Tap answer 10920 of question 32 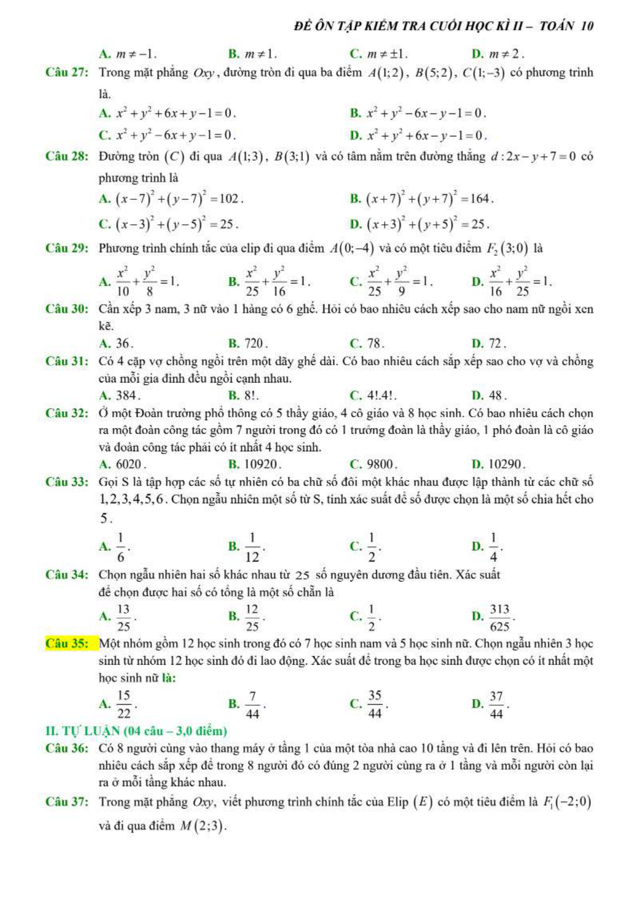pyautogui.click(x=260, y=464)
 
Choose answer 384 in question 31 pyautogui.click(x=127, y=395)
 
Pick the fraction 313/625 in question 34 pyautogui.click(x=500, y=617)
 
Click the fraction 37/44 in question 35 pyautogui.click(x=496, y=704)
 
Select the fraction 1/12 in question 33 pyautogui.click(x=252, y=547)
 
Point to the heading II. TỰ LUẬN pyautogui.click(x=136, y=731)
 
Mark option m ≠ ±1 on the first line pyautogui.click(x=387, y=54)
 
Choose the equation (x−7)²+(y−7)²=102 pyautogui.click(x=179, y=199)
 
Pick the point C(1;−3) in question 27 pyautogui.click(x=484, y=72)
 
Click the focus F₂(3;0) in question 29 pyautogui.click(x=507, y=248)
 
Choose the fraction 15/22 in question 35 pyautogui.click(x=123, y=704)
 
